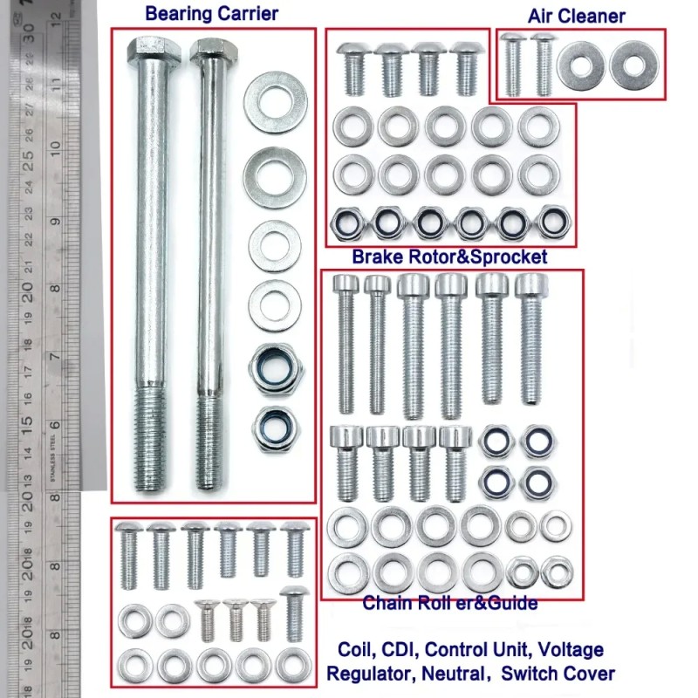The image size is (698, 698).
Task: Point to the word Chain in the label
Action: [385, 603]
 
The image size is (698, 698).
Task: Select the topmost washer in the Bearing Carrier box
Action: [273, 102]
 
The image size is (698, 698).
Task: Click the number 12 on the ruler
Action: [57, 17]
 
